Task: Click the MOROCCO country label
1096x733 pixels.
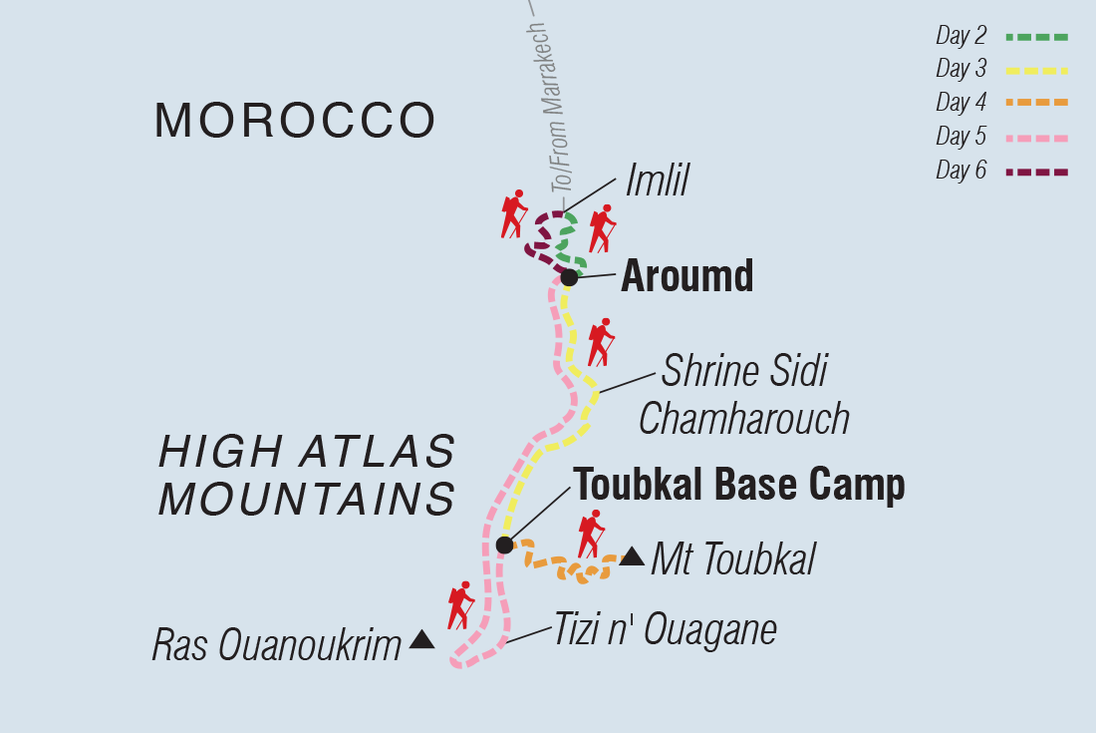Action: [x=295, y=121]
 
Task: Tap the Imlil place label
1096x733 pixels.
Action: [x=657, y=183]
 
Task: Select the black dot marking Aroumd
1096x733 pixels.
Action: [x=569, y=276]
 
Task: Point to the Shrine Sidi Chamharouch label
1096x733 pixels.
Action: [x=743, y=395]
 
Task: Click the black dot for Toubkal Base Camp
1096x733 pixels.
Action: [x=504, y=545]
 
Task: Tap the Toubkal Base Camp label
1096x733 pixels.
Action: [x=738, y=485]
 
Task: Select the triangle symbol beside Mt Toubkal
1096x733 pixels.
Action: [x=632, y=556]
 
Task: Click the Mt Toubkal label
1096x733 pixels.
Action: [x=732, y=560]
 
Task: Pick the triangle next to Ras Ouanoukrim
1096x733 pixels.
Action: [x=421, y=639]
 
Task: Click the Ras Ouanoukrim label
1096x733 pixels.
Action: [x=276, y=645]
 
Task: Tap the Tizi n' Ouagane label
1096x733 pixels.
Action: [x=665, y=630]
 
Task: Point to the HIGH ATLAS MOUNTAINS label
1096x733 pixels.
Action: [x=307, y=475]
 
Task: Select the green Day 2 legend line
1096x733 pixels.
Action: [x=1036, y=37]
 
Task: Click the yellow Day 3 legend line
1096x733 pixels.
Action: [x=1036, y=71]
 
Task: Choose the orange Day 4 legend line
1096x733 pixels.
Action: [x=1036, y=103]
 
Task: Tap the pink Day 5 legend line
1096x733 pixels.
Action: [x=1036, y=137]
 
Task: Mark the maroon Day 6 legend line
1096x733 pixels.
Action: [x=1036, y=172]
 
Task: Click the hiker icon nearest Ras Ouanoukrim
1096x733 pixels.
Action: [x=460, y=604]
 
